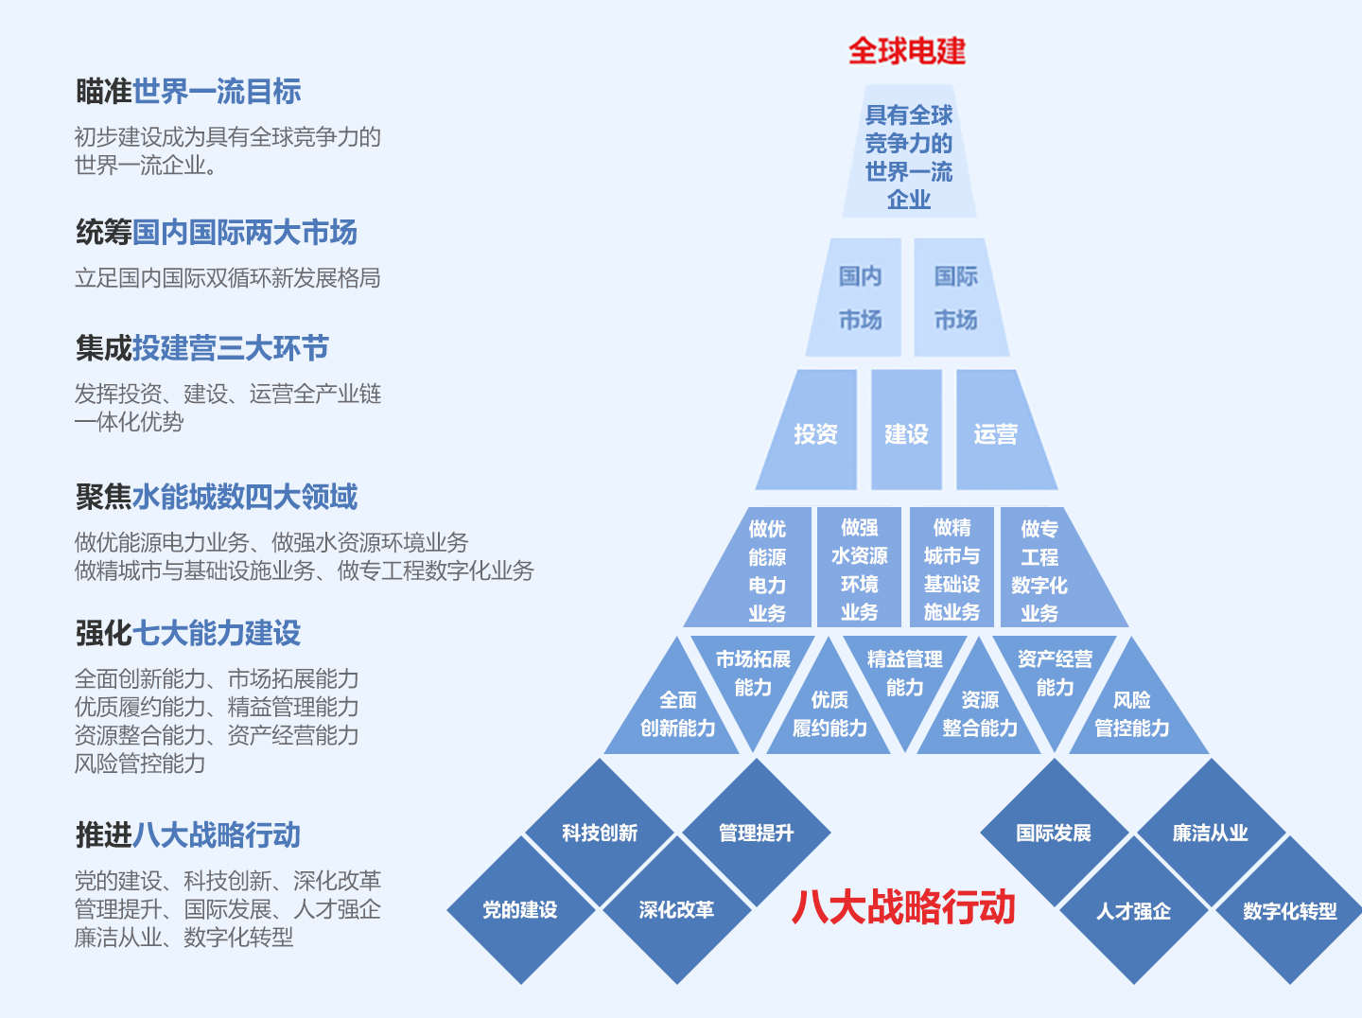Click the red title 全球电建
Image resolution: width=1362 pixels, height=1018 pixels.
906,51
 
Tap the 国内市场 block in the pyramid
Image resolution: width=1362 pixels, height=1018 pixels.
856,298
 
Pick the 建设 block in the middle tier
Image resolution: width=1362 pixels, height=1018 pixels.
906,430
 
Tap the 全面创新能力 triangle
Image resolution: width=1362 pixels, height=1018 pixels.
674,714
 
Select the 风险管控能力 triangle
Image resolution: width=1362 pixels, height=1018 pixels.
1136,714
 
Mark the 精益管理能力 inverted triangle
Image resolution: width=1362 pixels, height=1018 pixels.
905,676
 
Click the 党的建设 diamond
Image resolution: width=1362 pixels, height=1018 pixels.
520,910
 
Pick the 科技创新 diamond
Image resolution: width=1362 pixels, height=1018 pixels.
600,833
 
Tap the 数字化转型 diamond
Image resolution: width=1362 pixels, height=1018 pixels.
1289,910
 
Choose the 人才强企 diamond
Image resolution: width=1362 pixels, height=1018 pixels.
1134,910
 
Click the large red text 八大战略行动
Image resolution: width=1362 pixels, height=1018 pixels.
903,907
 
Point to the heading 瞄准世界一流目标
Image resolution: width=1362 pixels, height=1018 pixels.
188,91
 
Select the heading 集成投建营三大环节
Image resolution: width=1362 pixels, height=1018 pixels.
202,347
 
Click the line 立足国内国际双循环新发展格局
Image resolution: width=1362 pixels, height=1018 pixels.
228,278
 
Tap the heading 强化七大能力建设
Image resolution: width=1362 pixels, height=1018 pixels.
188,633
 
